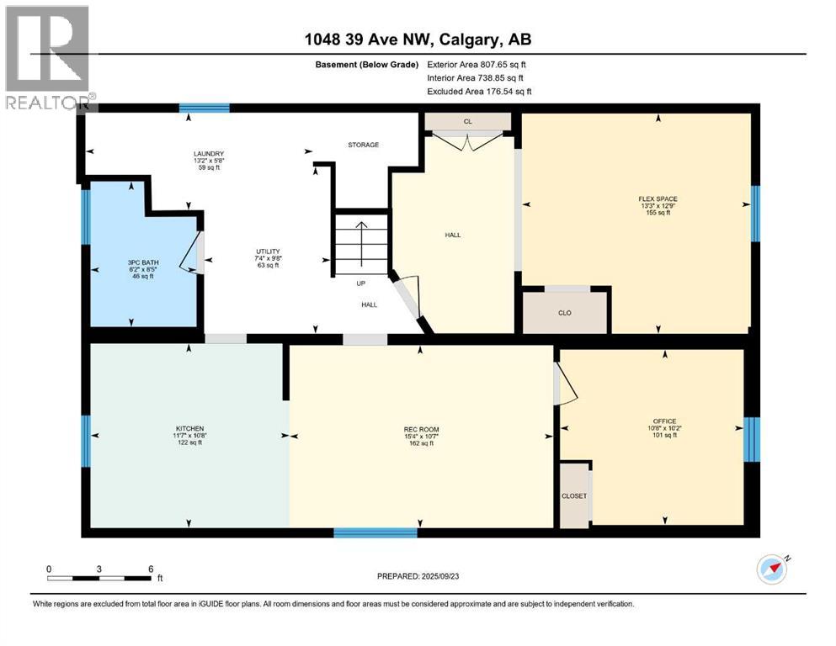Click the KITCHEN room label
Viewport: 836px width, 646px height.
click(189, 429)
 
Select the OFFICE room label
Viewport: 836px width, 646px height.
click(664, 421)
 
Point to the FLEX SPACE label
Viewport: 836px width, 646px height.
click(658, 199)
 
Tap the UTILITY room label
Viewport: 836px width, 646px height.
click(268, 252)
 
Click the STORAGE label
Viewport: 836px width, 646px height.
click(364, 145)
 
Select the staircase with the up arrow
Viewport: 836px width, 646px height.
click(361, 244)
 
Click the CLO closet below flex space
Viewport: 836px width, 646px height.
click(564, 312)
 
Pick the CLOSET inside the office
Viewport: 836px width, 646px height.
click(574, 495)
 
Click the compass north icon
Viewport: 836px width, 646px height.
click(771, 569)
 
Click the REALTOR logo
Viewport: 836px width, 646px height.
click(47, 56)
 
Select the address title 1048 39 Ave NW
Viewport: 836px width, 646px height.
click(418, 40)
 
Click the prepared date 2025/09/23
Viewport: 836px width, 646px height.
click(418, 576)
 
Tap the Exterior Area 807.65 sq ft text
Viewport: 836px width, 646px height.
click(477, 64)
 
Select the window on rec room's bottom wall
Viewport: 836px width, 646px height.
click(375, 532)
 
